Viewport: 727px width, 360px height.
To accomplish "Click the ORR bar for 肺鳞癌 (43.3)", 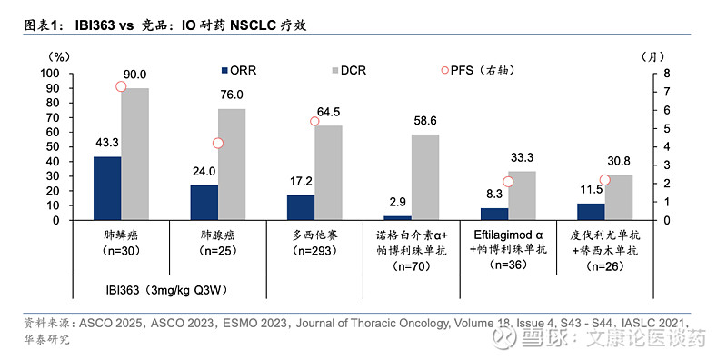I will click(x=107, y=188).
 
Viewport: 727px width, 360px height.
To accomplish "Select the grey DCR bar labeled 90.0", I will click(x=135, y=154).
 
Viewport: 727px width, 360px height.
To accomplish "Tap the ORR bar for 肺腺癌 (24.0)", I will click(x=204, y=203).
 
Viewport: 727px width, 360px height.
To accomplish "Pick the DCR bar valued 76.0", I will click(x=232, y=165).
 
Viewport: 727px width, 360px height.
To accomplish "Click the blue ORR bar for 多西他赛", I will click(x=301, y=207).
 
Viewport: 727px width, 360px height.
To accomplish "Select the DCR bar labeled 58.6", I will click(x=425, y=177).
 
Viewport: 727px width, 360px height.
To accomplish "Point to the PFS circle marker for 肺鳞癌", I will click(x=122, y=86).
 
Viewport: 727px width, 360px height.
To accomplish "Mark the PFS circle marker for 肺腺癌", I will click(x=218, y=143).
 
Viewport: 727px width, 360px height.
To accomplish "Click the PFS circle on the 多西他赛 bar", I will click(x=314, y=121).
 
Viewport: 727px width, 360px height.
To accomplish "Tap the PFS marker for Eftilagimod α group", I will click(x=508, y=182).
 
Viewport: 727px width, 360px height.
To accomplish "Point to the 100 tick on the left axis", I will click(x=51, y=74).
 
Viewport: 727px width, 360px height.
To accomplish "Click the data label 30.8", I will click(x=618, y=163).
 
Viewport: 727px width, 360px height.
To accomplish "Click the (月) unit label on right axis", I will click(x=673, y=56).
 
